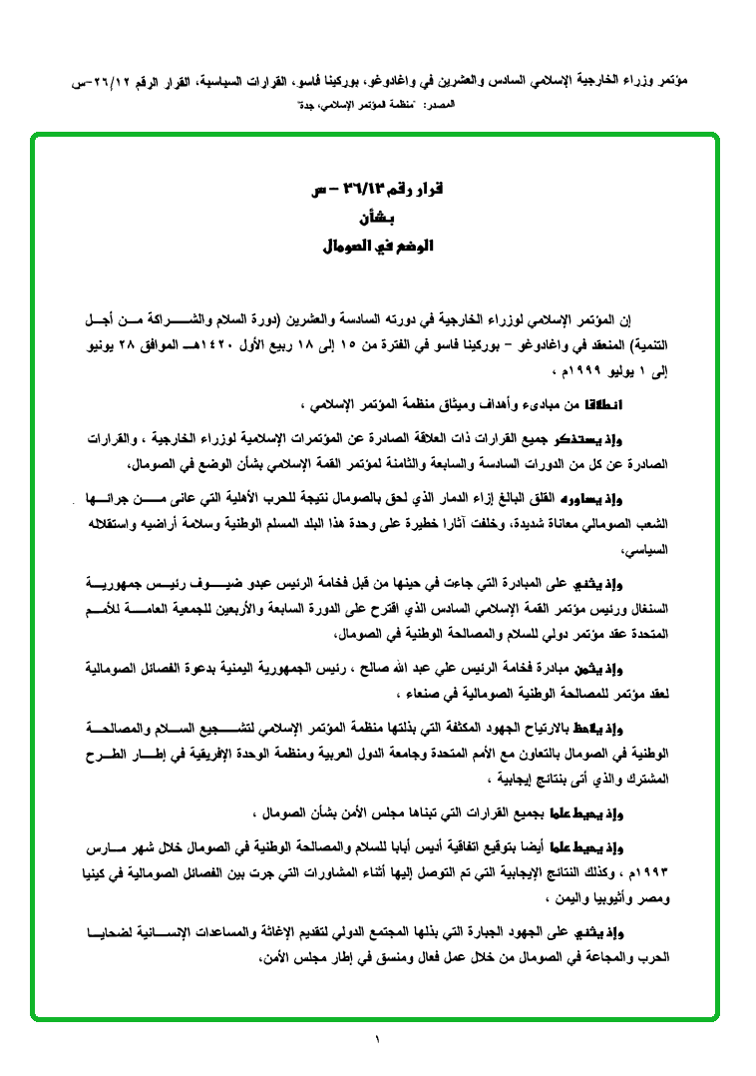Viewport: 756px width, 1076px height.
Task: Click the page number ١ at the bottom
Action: pyautogui.click(x=378, y=1040)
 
